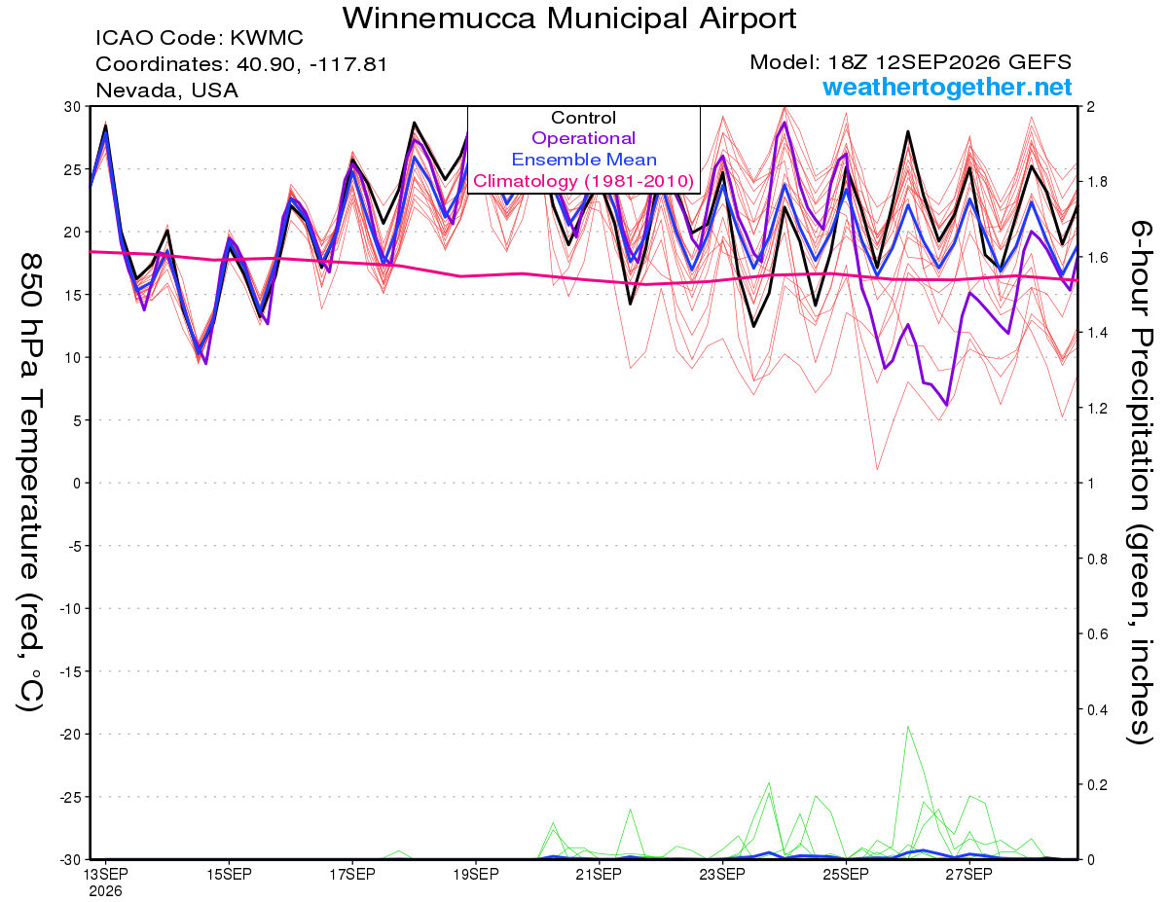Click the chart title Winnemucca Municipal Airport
tap(569, 18)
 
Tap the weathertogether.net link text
tap(947, 87)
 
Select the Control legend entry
tap(583, 118)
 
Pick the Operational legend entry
tap(583, 138)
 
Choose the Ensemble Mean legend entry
tap(584, 160)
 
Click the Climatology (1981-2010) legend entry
tap(583, 181)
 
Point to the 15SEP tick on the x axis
tap(229, 875)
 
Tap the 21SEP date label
tap(599, 875)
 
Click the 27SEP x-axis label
tap(969, 875)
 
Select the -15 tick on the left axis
tap(70, 671)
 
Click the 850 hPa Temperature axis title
tap(30, 483)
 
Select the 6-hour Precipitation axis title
tap(1139, 482)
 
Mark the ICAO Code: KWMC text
tap(200, 38)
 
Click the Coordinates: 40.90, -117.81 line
tap(241, 64)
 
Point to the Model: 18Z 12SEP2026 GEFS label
tap(910, 62)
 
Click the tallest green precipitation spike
tap(908, 727)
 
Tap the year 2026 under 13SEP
tap(105, 891)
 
